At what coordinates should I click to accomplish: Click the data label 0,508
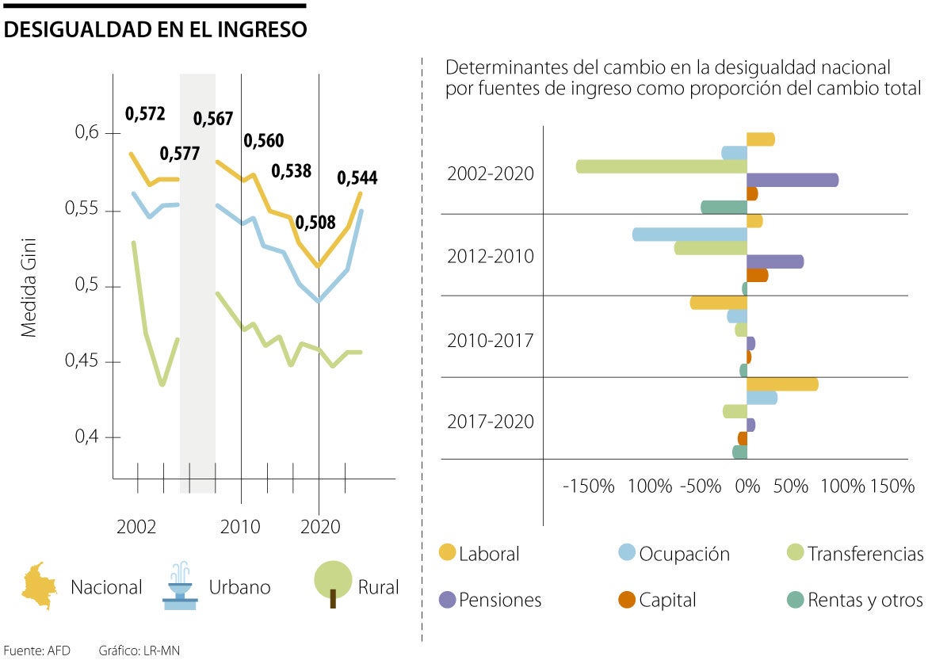[x=315, y=223]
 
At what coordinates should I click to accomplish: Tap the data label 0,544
[x=357, y=178]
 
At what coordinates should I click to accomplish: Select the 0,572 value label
[x=145, y=114]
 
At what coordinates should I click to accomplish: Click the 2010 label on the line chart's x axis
[x=240, y=526]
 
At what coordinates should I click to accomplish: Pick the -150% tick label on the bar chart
[x=589, y=486]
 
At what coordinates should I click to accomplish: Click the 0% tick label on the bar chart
[x=747, y=486]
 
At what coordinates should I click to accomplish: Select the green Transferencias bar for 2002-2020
[x=662, y=166]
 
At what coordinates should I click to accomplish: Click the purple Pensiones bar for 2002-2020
[x=792, y=180]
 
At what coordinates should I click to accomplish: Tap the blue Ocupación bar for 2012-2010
[x=689, y=235]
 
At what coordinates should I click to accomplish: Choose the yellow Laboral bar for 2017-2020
[x=782, y=384]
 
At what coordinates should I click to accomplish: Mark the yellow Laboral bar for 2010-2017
[x=718, y=303]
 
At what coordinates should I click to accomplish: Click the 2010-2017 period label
[x=490, y=341]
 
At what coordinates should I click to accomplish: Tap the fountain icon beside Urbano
[x=179, y=586]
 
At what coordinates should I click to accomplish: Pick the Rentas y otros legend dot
[x=795, y=600]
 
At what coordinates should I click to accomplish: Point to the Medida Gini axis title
[x=29, y=286]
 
